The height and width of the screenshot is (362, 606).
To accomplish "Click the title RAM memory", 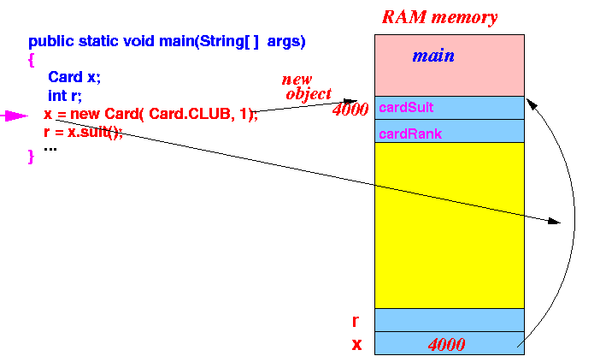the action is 439,17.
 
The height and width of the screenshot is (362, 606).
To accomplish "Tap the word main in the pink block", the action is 433,56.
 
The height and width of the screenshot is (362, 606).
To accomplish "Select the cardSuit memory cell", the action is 450,108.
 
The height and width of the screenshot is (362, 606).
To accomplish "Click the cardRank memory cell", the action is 450,131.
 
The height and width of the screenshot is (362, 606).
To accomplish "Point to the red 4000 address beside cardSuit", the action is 350,110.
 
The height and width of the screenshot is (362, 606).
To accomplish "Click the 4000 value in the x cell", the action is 446,344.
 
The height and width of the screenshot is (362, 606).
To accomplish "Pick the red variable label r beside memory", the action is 356,321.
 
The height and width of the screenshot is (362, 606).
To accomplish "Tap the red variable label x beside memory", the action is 356,344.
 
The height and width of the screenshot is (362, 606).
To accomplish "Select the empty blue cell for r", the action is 450,320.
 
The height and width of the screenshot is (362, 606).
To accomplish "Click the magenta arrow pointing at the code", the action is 15,116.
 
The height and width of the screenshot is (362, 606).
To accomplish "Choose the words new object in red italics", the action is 307,87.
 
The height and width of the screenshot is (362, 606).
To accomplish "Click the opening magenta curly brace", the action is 32,61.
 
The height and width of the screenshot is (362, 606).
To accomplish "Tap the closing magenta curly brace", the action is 32,157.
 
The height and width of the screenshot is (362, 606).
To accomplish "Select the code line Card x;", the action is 74,77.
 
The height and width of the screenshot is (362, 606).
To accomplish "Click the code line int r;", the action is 65,95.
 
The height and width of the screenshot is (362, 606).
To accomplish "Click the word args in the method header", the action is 286,41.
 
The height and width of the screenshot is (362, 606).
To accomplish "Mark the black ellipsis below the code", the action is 50,149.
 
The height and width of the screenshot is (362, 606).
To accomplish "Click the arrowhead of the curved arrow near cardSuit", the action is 532,104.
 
